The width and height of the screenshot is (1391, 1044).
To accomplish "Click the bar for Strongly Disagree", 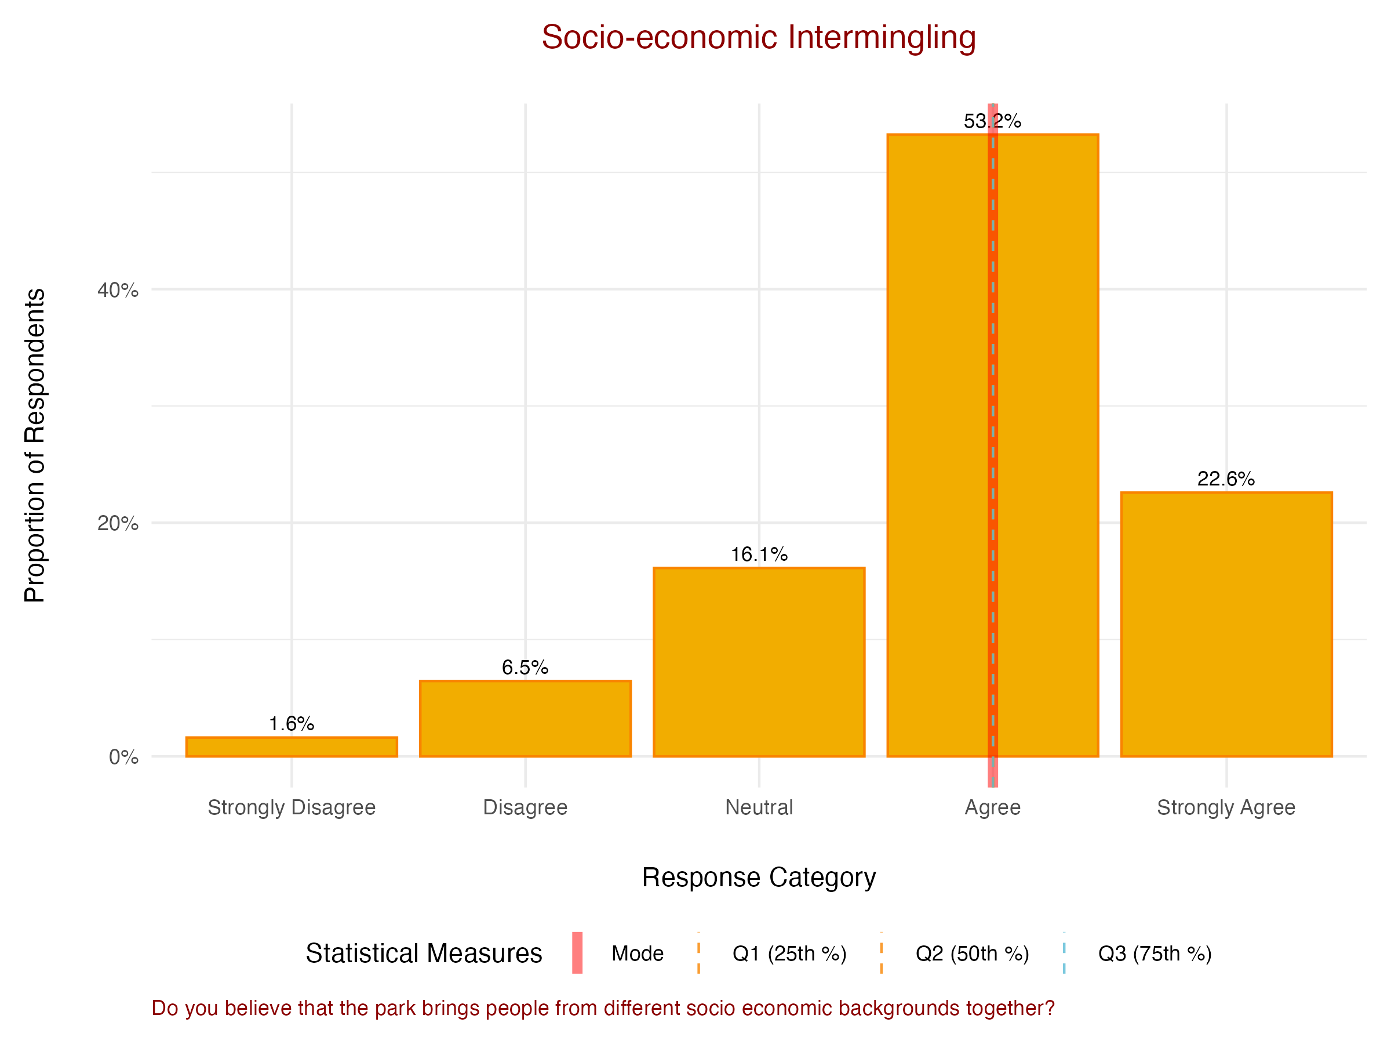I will point(292,746).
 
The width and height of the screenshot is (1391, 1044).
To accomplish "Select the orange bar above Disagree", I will point(525,718).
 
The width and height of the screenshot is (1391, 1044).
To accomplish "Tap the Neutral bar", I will point(759,661).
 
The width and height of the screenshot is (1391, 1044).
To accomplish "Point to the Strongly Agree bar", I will point(1226,623).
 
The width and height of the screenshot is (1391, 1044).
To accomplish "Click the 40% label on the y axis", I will point(118,290).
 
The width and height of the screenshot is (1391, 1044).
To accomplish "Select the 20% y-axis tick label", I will point(118,523).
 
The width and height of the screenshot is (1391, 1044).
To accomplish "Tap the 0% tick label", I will point(123,756).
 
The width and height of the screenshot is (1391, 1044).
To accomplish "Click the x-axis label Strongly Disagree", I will point(292,807).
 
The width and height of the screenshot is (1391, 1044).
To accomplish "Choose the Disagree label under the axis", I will point(525,807).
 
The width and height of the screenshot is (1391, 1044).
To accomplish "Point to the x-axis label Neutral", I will point(759,807).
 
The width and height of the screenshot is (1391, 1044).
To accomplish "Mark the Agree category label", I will point(992,807).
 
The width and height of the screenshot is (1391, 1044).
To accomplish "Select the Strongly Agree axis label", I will point(1226,807).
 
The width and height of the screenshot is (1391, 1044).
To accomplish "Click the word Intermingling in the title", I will point(882,38).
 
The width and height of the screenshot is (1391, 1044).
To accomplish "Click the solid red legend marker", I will point(577,953).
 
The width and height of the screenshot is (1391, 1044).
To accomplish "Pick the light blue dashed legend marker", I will point(1064,953).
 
